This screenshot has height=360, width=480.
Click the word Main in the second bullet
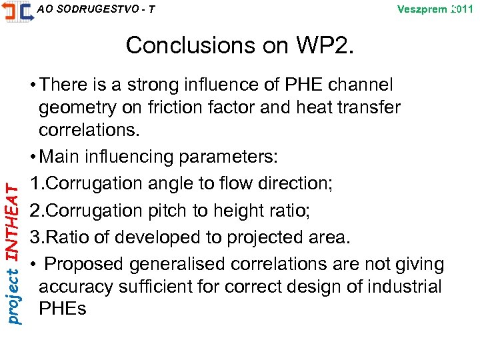coord(63,157)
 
